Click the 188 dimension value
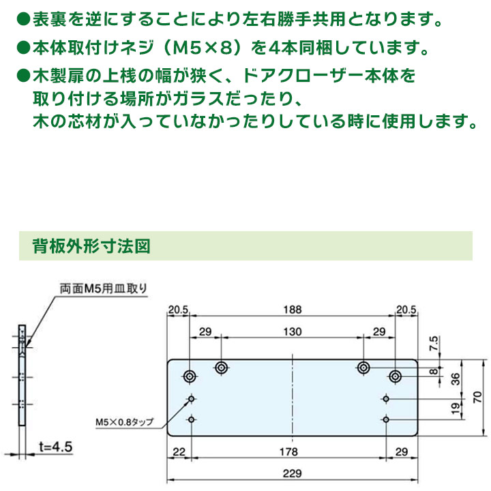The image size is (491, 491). pyautogui.click(x=293, y=310)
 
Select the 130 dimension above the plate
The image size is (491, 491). pyautogui.click(x=293, y=331)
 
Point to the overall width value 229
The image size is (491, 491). pyautogui.click(x=292, y=473)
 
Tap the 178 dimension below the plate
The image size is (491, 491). pyautogui.click(x=288, y=451)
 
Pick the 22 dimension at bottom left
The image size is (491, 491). pyautogui.click(x=179, y=451)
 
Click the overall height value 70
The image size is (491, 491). pyautogui.click(x=477, y=397)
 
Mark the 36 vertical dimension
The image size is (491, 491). pyautogui.click(x=456, y=379)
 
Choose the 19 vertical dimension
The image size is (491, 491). pyautogui.click(x=456, y=408)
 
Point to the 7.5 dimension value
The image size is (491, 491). pyautogui.click(x=434, y=344)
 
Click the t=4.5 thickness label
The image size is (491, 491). pyautogui.click(x=56, y=447)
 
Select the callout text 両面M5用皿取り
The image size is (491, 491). pyautogui.click(x=104, y=288)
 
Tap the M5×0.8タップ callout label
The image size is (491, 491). pyautogui.click(x=125, y=422)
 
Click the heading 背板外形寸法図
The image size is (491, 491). pyautogui.click(x=91, y=245)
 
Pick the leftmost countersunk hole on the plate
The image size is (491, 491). pyautogui.click(x=190, y=376)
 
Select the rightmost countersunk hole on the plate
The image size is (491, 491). pyautogui.click(x=396, y=376)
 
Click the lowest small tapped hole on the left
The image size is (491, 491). pyautogui.click(x=192, y=419)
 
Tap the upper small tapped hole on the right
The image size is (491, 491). pyautogui.click(x=386, y=399)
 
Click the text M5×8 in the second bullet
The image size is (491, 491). pyautogui.click(x=203, y=48)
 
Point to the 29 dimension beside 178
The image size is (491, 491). pyautogui.click(x=402, y=451)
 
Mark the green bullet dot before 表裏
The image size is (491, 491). pyautogui.click(x=23, y=19)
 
